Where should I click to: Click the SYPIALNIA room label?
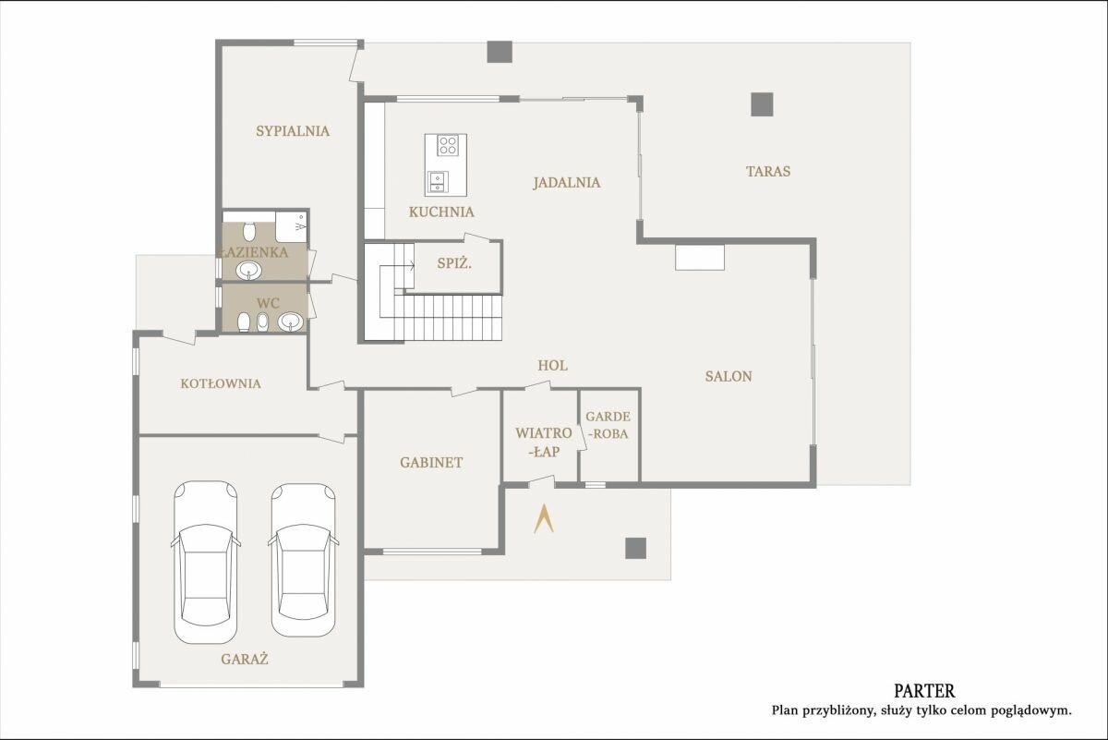click(x=293, y=131)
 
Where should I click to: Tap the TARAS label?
click(x=768, y=171)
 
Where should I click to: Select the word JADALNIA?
click(x=567, y=183)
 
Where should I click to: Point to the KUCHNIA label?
click(x=441, y=212)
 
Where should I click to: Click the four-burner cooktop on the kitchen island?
click(x=448, y=146)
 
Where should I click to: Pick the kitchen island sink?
click(x=438, y=181)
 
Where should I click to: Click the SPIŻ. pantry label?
click(x=454, y=263)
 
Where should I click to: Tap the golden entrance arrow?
click(x=543, y=519)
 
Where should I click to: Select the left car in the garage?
click(x=205, y=563)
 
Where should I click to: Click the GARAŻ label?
click(x=245, y=660)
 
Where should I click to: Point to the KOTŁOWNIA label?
click(x=221, y=383)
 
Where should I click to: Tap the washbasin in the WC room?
click(x=290, y=321)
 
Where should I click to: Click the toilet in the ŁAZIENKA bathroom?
click(x=248, y=232)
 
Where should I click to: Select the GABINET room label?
click(x=431, y=462)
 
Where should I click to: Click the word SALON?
click(x=729, y=376)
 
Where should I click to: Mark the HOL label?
click(x=552, y=365)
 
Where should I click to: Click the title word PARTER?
click(x=924, y=690)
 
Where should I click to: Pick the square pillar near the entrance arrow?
click(x=635, y=549)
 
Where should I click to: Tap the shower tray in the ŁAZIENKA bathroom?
click(x=292, y=227)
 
